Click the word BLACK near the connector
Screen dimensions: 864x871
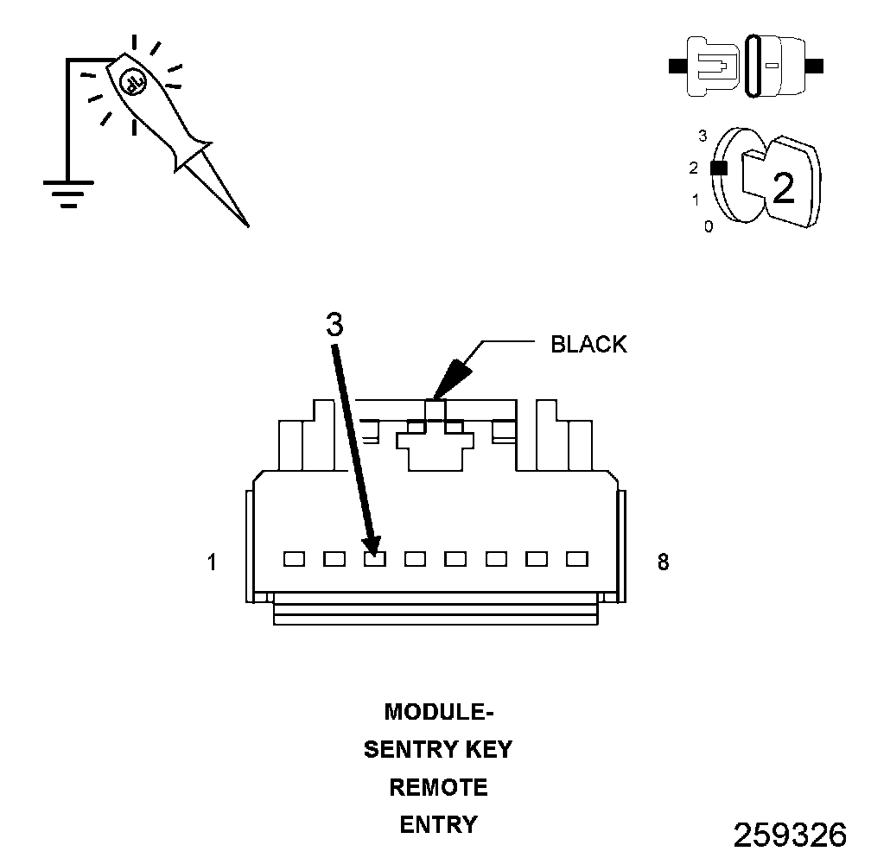click(588, 345)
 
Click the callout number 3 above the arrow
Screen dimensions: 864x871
click(335, 324)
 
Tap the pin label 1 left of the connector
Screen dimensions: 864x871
click(212, 562)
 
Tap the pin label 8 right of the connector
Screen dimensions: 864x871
click(663, 562)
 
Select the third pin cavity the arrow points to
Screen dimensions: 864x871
click(374, 559)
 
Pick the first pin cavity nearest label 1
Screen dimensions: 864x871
click(294, 559)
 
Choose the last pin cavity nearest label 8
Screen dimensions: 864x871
click(577, 559)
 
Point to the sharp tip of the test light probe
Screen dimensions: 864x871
click(247, 226)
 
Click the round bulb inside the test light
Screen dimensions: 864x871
click(133, 81)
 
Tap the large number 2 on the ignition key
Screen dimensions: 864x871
click(783, 188)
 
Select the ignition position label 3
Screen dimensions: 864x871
click(703, 136)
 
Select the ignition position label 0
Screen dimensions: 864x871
click(709, 227)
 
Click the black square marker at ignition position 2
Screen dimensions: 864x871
click(717, 168)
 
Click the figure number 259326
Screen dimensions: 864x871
click(790, 835)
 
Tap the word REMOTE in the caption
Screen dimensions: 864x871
click(438, 787)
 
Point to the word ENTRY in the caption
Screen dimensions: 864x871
click(438, 825)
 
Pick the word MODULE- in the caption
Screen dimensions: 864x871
click(438, 712)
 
